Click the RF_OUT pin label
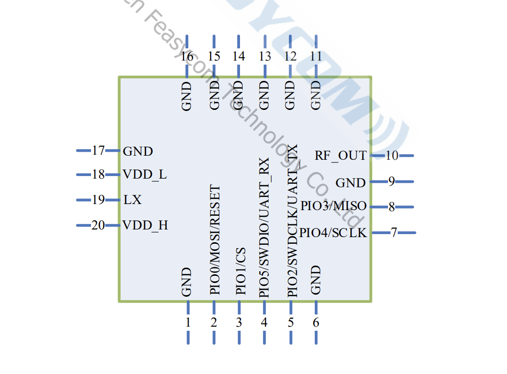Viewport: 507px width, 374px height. [340, 156]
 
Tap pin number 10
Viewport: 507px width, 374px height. [392, 156]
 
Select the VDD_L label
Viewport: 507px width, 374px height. [144, 175]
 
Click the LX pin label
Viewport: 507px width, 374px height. [132, 200]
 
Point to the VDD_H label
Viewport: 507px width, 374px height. [145, 225]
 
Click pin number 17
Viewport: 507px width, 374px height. [98, 151]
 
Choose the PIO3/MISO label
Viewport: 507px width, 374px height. [333, 206]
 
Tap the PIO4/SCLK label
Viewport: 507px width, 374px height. [333, 233]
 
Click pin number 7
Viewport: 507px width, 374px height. [394, 233]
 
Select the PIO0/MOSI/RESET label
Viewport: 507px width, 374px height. [215, 239]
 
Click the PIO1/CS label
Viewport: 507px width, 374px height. [241, 271]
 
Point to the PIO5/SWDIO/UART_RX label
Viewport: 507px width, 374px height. [264, 227]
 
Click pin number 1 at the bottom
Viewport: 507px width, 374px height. [188, 322]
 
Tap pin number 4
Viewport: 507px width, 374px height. [264, 322]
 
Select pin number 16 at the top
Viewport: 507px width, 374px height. [187, 56]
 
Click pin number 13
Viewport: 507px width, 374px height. [265, 56]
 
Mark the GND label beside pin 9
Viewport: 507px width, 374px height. [350, 183]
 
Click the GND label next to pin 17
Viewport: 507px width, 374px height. [138, 151]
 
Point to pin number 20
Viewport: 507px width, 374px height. [98, 225]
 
